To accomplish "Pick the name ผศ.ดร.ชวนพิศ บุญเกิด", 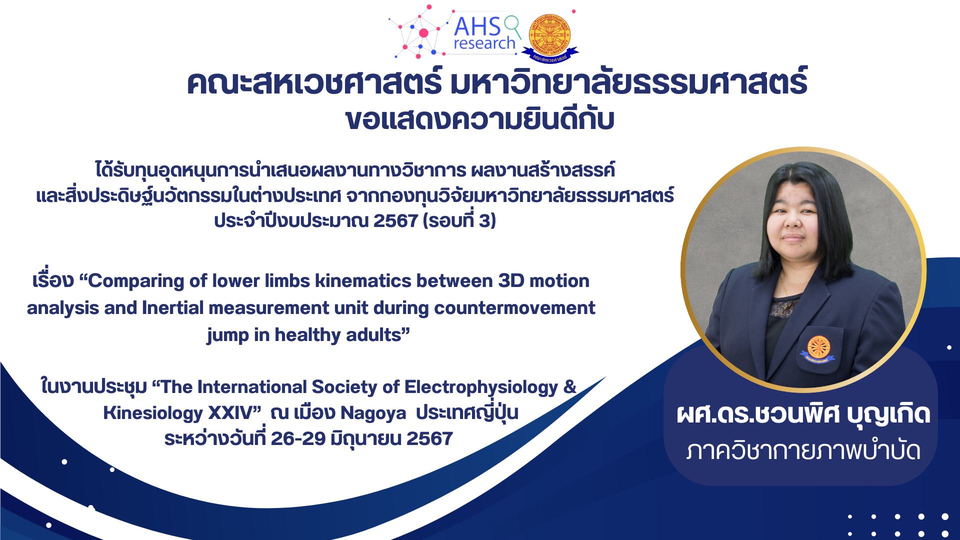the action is pos(802,415).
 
